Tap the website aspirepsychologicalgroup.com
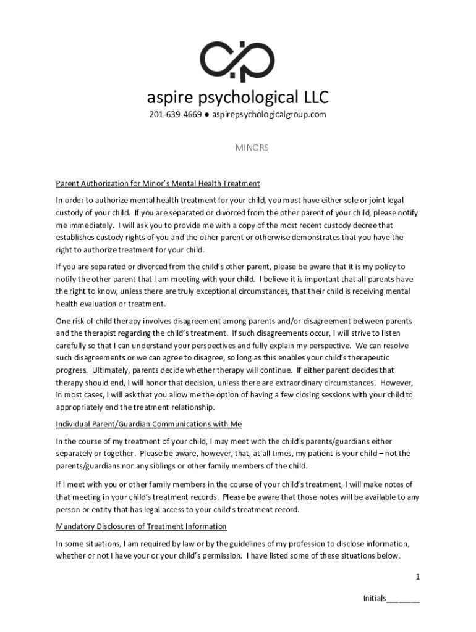pos(274,115)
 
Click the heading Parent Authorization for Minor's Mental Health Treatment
pos(158,183)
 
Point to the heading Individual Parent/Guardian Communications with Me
pos(148,424)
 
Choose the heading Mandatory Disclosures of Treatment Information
pos(142,526)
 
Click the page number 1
pos(418,576)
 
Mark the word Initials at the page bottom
pos(374,599)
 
